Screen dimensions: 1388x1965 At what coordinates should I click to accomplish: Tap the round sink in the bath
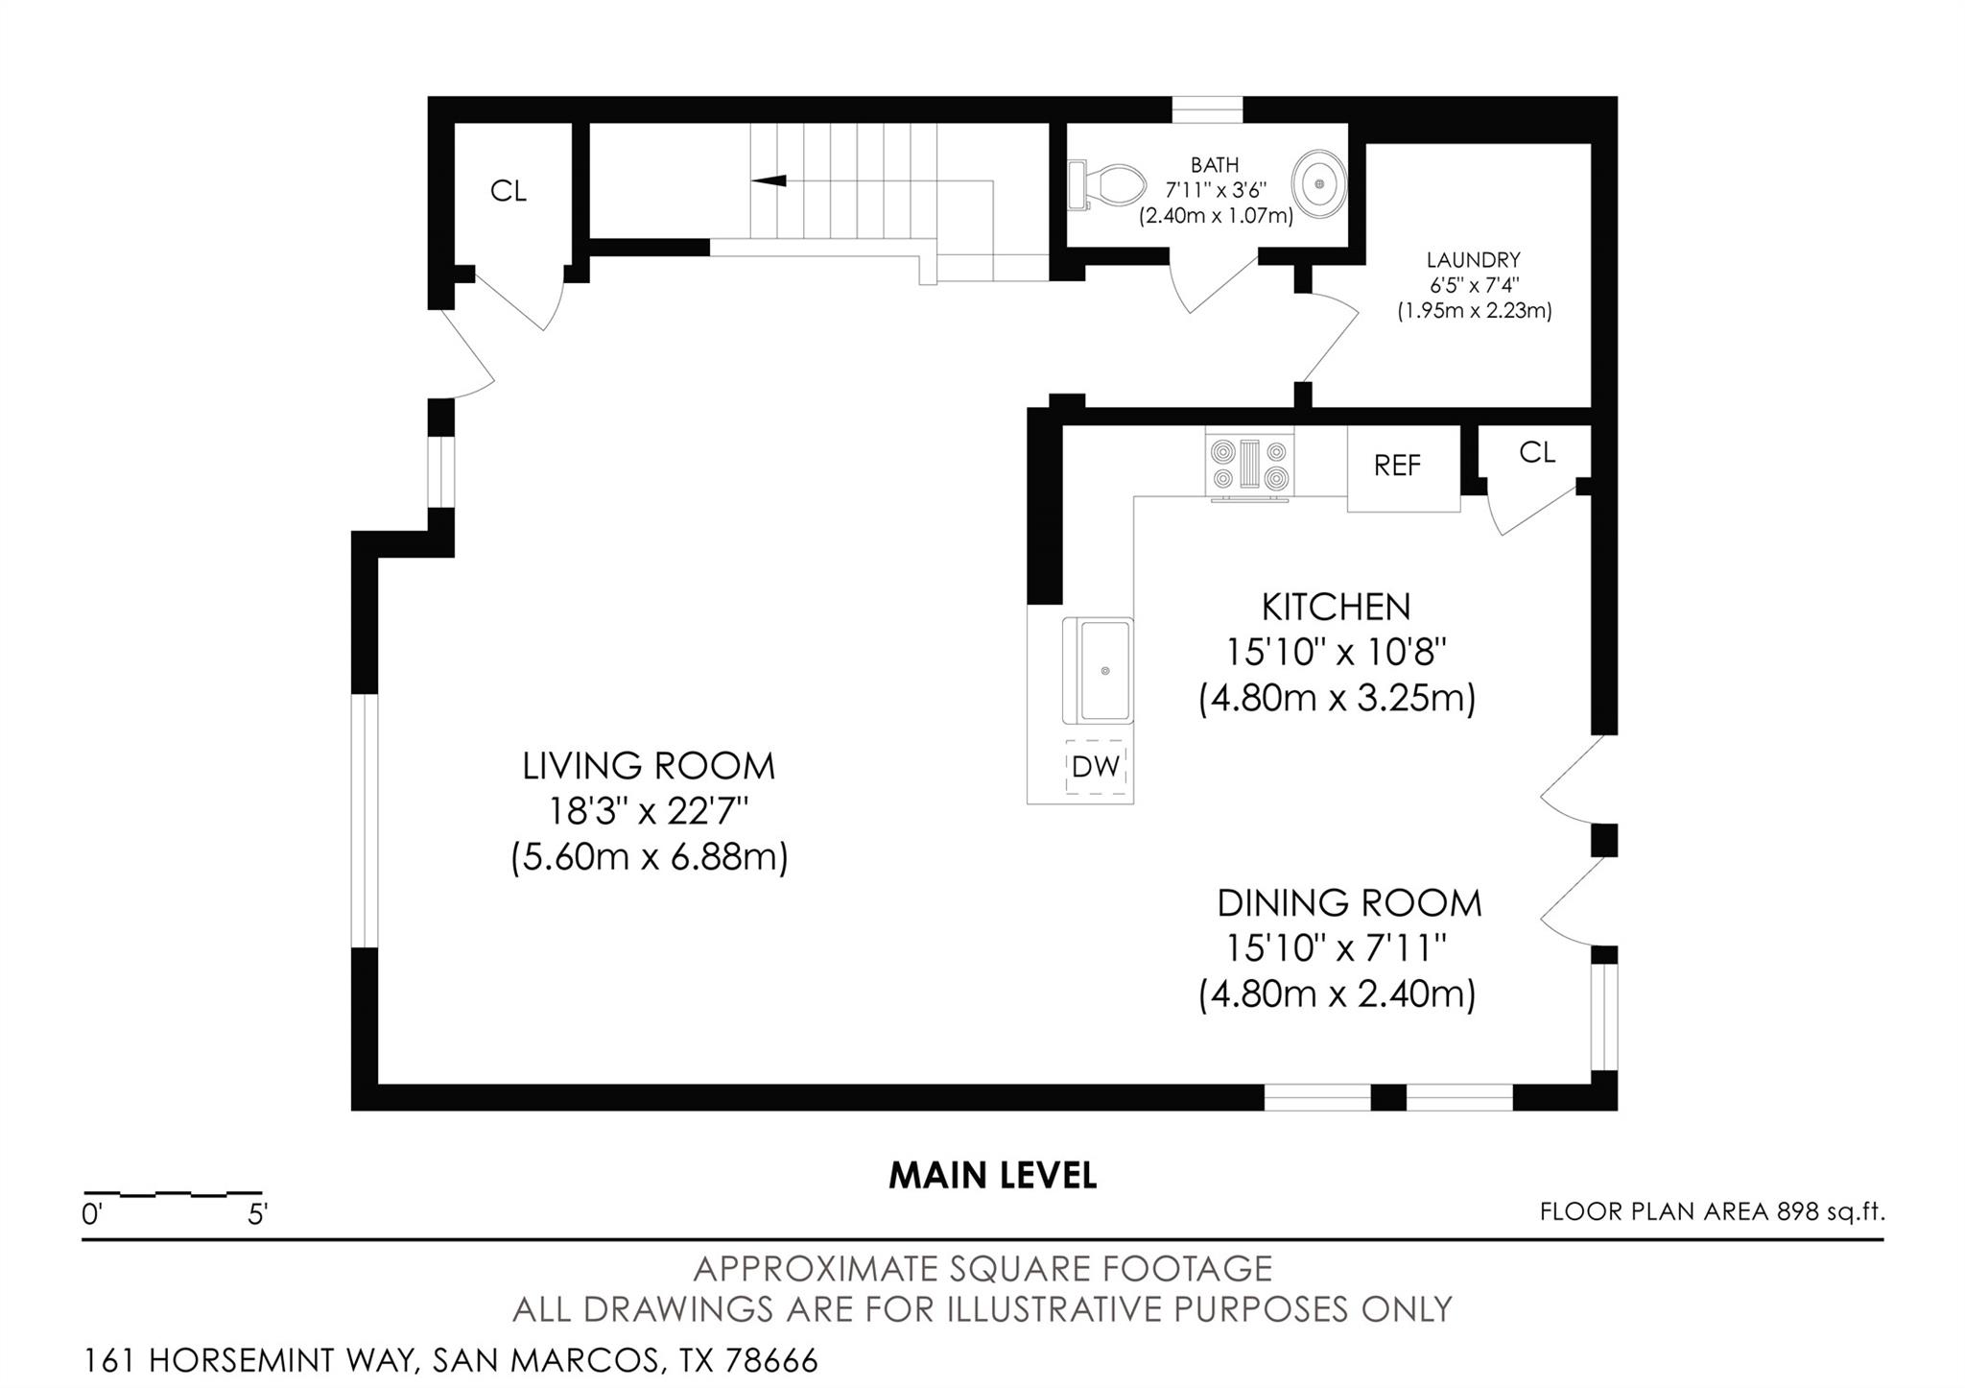pyautogui.click(x=1319, y=181)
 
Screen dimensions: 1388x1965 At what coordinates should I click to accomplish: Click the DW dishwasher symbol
pyautogui.click(x=1096, y=767)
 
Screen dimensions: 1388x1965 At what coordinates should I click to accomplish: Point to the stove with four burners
pyautogui.click(x=1249, y=467)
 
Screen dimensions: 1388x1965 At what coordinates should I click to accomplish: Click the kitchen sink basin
pyautogui.click(x=1104, y=671)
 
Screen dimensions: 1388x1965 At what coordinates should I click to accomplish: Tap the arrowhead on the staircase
pyautogui.click(x=769, y=180)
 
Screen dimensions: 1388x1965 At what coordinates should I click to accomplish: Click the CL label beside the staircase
pyautogui.click(x=508, y=192)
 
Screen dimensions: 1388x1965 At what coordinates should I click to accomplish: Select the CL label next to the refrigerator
pyautogui.click(x=1536, y=453)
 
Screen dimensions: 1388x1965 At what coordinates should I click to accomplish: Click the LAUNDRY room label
pyautogui.click(x=1473, y=260)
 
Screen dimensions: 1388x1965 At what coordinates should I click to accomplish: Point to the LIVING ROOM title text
pyautogui.click(x=649, y=767)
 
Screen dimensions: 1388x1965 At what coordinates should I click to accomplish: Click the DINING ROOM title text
pyautogui.click(x=1349, y=904)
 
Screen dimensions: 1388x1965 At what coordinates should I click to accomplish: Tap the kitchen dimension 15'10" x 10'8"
pyautogui.click(x=1336, y=654)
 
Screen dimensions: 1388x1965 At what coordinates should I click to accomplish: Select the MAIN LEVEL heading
pyautogui.click(x=992, y=1176)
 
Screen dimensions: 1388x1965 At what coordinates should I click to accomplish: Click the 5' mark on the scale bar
pyautogui.click(x=257, y=1215)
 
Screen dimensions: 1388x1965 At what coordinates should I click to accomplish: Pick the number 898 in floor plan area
pyautogui.click(x=1798, y=1212)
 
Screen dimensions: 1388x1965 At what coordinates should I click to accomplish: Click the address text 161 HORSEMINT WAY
pyautogui.click(x=249, y=1361)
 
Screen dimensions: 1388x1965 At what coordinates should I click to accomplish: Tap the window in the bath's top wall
pyautogui.click(x=1207, y=110)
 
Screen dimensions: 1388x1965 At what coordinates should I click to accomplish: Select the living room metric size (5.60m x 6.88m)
pyautogui.click(x=649, y=857)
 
